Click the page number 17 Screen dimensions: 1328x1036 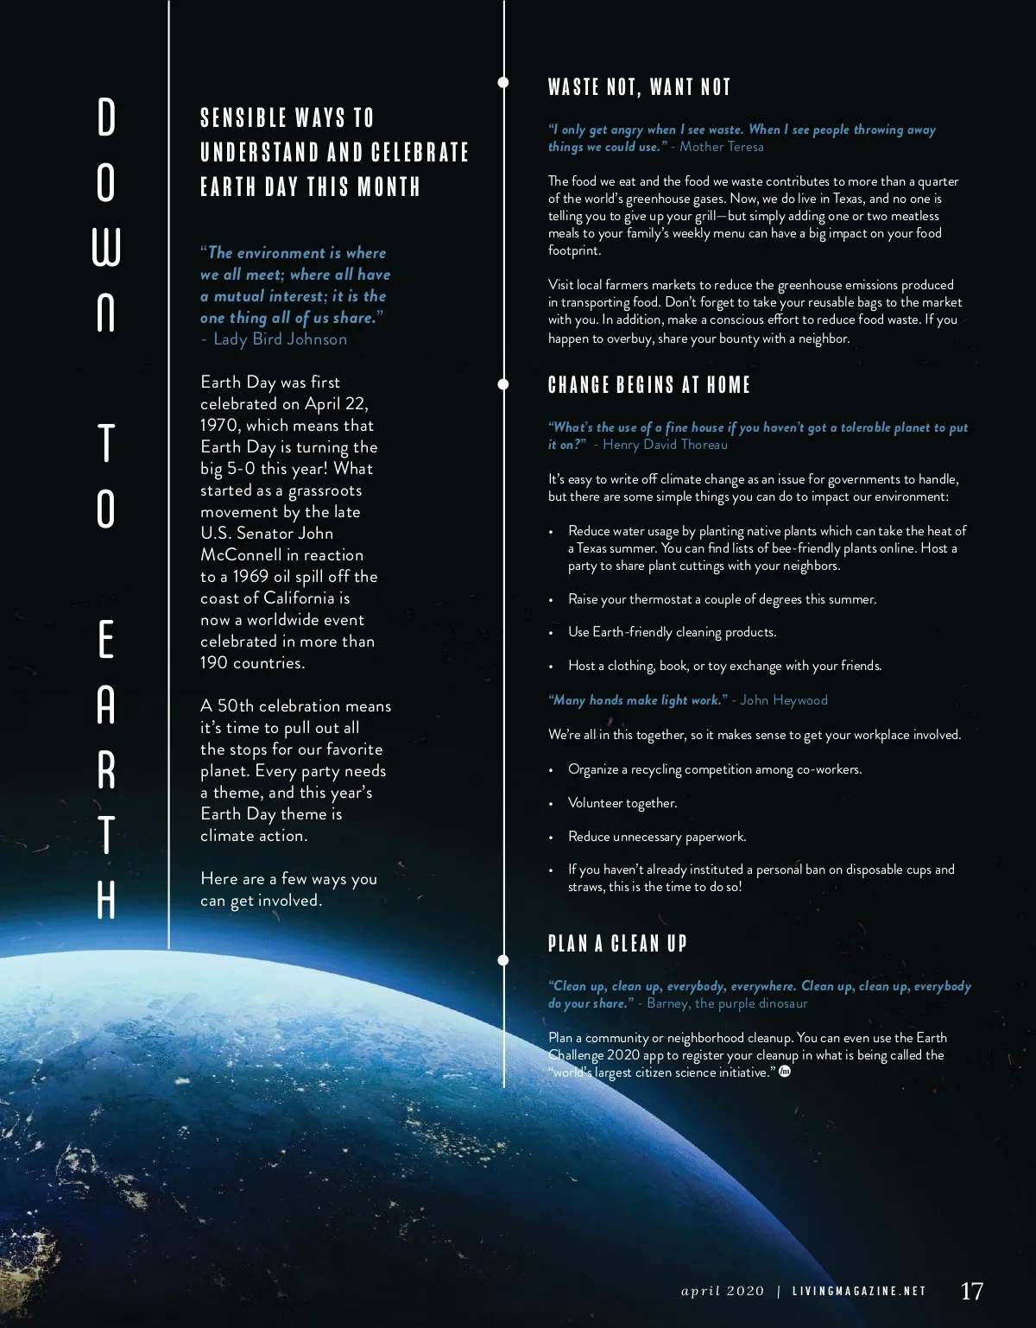pyautogui.click(x=971, y=1291)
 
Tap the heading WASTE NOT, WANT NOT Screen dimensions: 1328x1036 pyautogui.click(x=640, y=87)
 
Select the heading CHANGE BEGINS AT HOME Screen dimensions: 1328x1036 pyautogui.click(x=649, y=385)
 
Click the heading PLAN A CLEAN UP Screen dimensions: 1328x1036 pyautogui.click(x=617, y=943)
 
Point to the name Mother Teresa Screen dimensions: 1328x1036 pyautogui.click(x=722, y=147)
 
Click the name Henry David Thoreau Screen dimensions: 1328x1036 pyautogui.click(x=665, y=445)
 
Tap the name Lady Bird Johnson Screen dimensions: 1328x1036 pyautogui.click(x=280, y=339)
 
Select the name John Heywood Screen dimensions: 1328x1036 pyautogui.click(x=784, y=700)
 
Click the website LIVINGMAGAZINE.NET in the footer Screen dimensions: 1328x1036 pyautogui.click(x=859, y=1292)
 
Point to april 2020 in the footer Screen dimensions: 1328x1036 pyautogui.click(x=723, y=1292)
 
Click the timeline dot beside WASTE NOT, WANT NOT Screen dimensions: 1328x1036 pyautogui.click(x=503, y=83)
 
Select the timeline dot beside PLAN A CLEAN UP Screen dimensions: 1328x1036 pyautogui.click(x=503, y=959)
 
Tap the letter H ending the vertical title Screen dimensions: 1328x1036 pyautogui.click(x=106, y=900)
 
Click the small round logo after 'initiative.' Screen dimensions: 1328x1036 pyautogui.click(x=785, y=1072)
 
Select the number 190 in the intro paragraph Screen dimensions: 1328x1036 pyautogui.click(x=215, y=663)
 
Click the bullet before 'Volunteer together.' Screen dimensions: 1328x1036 pyautogui.click(x=552, y=804)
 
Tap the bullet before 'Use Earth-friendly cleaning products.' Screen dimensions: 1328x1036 pyautogui.click(x=552, y=633)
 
